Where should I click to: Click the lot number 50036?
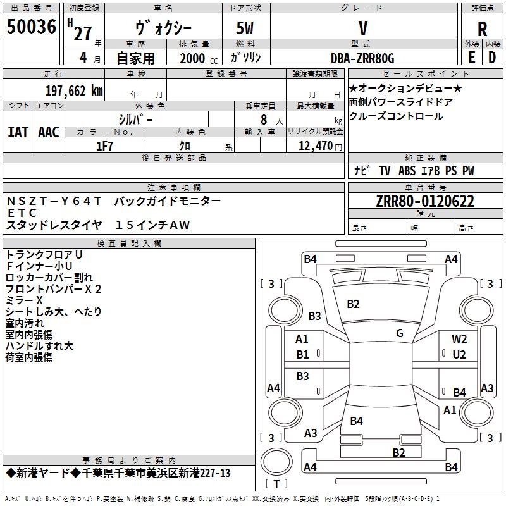tap(31, 27)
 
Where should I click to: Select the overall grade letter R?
tap(482, 29)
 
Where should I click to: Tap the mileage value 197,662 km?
tap(74, 91)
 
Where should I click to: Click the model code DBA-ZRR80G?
tap(362, 58)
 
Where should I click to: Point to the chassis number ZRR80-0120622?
tap(425, 201)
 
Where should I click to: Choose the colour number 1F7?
tap(104, 146)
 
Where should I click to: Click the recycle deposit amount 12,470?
tap(315, 146)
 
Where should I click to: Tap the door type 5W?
tap(245, 28)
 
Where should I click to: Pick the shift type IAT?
tap(18, 132)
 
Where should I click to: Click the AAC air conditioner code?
tap(49, 132)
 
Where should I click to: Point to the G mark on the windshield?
tap(400, 333)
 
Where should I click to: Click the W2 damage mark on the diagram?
tap(459, 338)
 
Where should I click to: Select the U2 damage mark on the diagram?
tap(459, 355)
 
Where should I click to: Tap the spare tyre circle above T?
tap(276, 462)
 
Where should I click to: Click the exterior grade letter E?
tap(471, 58)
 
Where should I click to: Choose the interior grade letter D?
tap(492, 58)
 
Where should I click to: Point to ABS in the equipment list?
tap(407, 171)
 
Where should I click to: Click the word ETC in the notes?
tap(22, 213)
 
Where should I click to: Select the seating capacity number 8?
tap(264, 120)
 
